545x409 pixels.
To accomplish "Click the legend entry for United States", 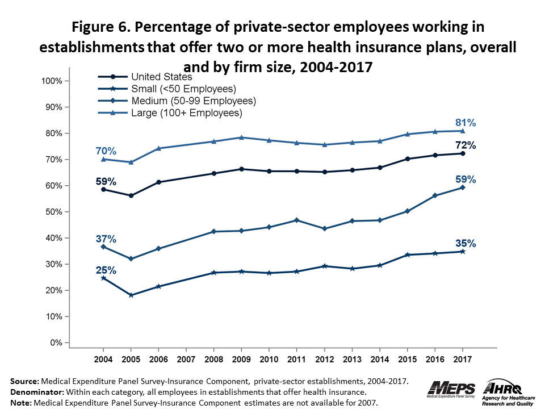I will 161,77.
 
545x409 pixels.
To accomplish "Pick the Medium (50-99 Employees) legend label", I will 193,101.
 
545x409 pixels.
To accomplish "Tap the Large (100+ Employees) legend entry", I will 186,113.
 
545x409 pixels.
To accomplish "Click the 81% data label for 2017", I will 464,123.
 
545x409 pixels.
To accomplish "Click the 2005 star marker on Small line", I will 131,295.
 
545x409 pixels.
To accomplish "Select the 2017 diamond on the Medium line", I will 463,187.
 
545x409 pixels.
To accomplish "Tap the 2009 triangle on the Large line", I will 242,137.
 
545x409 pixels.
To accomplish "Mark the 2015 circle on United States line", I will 408,159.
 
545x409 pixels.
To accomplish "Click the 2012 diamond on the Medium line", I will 325,229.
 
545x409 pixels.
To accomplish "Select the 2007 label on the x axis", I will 186,360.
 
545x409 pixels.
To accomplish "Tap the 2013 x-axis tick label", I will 353,360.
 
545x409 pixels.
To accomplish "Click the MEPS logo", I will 454,389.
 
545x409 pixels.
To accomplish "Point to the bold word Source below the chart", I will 24,382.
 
